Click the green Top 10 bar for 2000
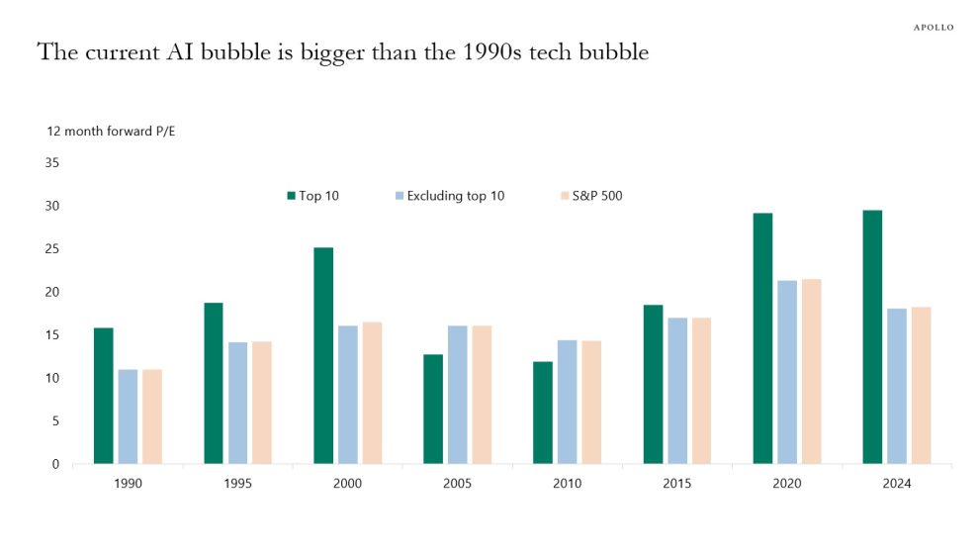click(x=323, y=355)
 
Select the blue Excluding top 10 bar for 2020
click(x=787, y=372)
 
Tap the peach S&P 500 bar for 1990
click(x=152, y=416)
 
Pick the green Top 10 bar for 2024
click(x=872, y=336)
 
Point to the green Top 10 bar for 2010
click(x=543, y=413)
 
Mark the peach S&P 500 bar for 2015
click(x=701, y=391)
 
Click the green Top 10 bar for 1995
click(x=214, y=383)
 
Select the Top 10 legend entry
click(x=313, y=196)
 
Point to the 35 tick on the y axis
click(x=51, y=162)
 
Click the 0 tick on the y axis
click(x=55, y=464)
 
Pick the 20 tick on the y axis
click(x=51, y=292)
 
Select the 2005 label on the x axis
click(x=457, y=485)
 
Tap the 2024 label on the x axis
click(x=896, y=485)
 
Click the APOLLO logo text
click(x=933, y=27)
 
